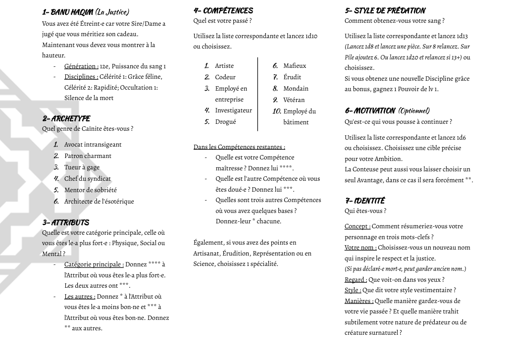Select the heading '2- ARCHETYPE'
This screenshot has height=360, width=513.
pyautogui.click(x=66, y=119)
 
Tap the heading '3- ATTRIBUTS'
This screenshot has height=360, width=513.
pyautogui.click(x=66, y=223)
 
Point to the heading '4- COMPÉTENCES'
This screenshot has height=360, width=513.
pyautogui.click(x=223, y=10)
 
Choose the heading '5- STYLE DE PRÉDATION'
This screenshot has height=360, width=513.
pyautogui.click(x=385, y=10)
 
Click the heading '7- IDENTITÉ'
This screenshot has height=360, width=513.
pyautogui.click(x=364, y=201)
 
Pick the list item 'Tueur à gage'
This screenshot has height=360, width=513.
pyautogui.click(x=82, y=167)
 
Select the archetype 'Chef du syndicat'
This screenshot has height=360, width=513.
pyautogui.click(x=87, y=179)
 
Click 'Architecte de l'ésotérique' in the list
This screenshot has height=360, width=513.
pyautogui.click(x=99, y=202)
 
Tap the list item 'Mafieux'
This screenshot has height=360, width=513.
pyautogui.click(x=295, y=66)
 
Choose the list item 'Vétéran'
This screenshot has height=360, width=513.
pyautogui.click(x=294, y=100)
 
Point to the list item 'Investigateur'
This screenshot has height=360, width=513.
pyautogui.click(x=233, y=110)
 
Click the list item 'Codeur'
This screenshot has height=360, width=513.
pyautogui.click(x=225, y=77)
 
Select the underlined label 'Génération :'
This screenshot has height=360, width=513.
pyautogui.click(x=81, y=66)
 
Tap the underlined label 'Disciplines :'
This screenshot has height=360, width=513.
pyautogui.click(x=81, y=77)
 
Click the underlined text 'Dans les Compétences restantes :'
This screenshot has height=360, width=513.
pyautogui.click(x=239, y=147)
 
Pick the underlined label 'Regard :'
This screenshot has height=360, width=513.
pyautogui.click(x=356, y=280)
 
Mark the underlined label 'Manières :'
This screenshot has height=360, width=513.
pyautogui.click(x=359, y=301)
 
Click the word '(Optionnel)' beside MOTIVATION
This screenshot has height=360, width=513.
pyautogui.click(x=414, y=111)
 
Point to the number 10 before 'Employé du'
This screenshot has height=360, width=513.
pyautogui.click(x=277, y=111)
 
